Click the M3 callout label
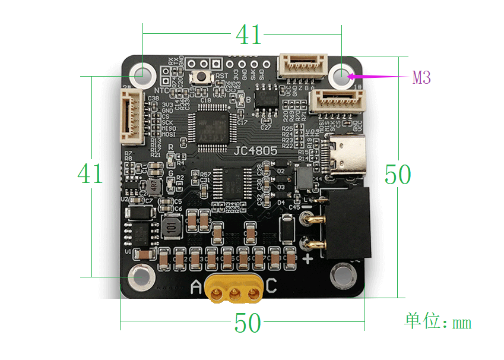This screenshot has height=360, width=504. (x=421, y=77)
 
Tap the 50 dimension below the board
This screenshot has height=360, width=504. (x=248, y=324)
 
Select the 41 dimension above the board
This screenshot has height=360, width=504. (x=248, y=35)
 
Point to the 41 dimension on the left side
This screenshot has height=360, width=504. (x=90, y=174)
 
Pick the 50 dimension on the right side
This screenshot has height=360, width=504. (x=398, y=175)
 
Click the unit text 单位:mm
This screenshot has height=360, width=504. (x=438, y=321)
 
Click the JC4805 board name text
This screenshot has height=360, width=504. (x=256, y=151)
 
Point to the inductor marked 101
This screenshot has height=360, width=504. (x=172, y=226)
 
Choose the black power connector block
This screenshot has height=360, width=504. (x=345, y=223)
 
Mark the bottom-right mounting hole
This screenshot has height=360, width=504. (x=342, y=274)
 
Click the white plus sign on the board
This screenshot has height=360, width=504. (x=308, y=259)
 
